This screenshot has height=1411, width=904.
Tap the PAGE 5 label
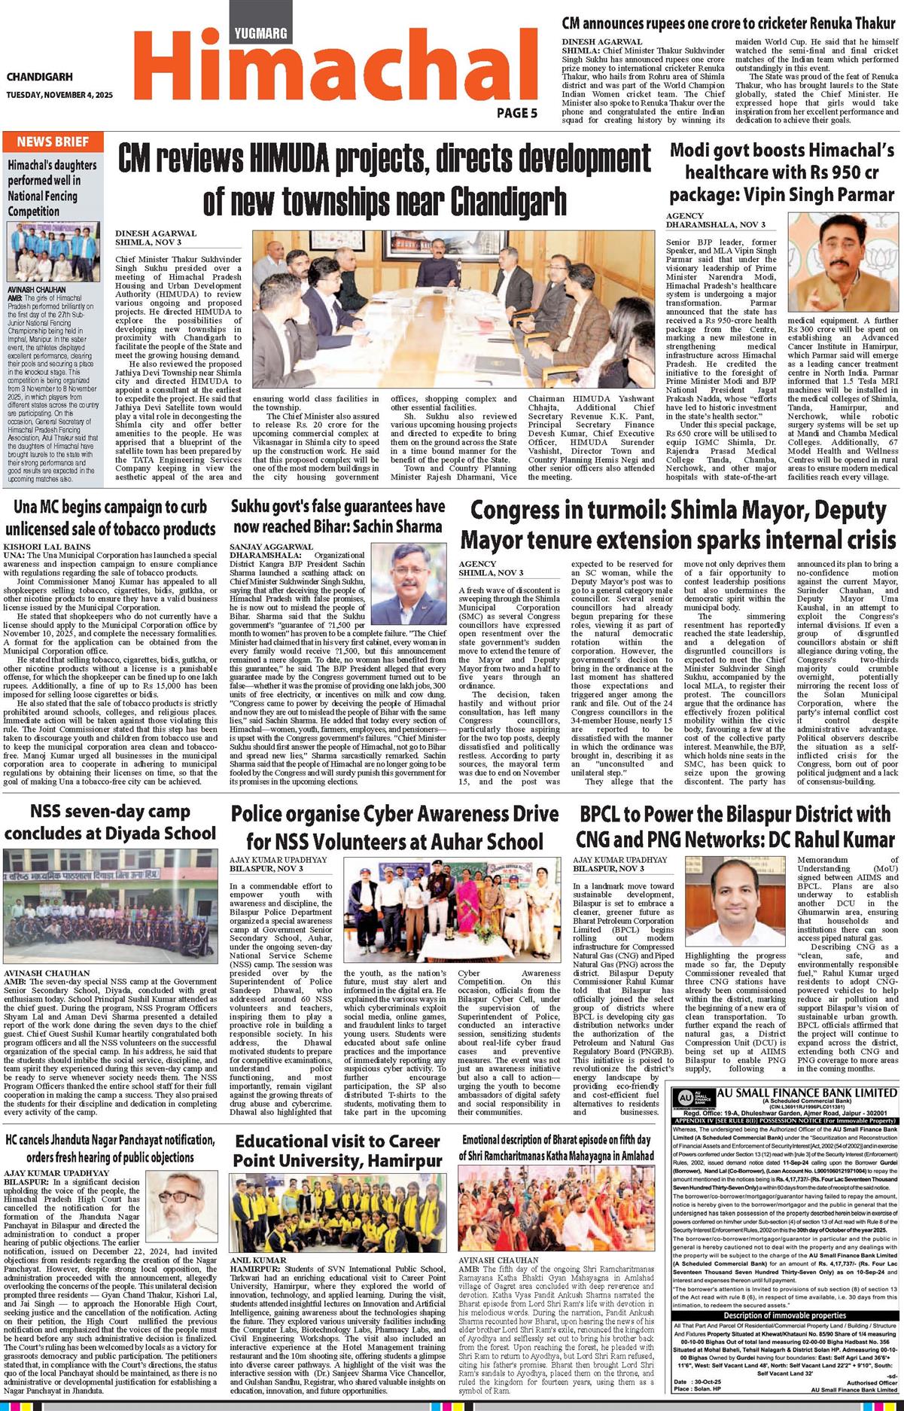pos(516,114)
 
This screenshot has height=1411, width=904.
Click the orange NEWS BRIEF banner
pos(52,142)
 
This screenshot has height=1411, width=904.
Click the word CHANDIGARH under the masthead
pos(40,77)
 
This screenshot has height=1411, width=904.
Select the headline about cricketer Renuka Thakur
pos(729,23)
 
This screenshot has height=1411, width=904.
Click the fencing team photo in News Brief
pos(53,251)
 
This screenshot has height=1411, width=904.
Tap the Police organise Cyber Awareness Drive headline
pos(395,827)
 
